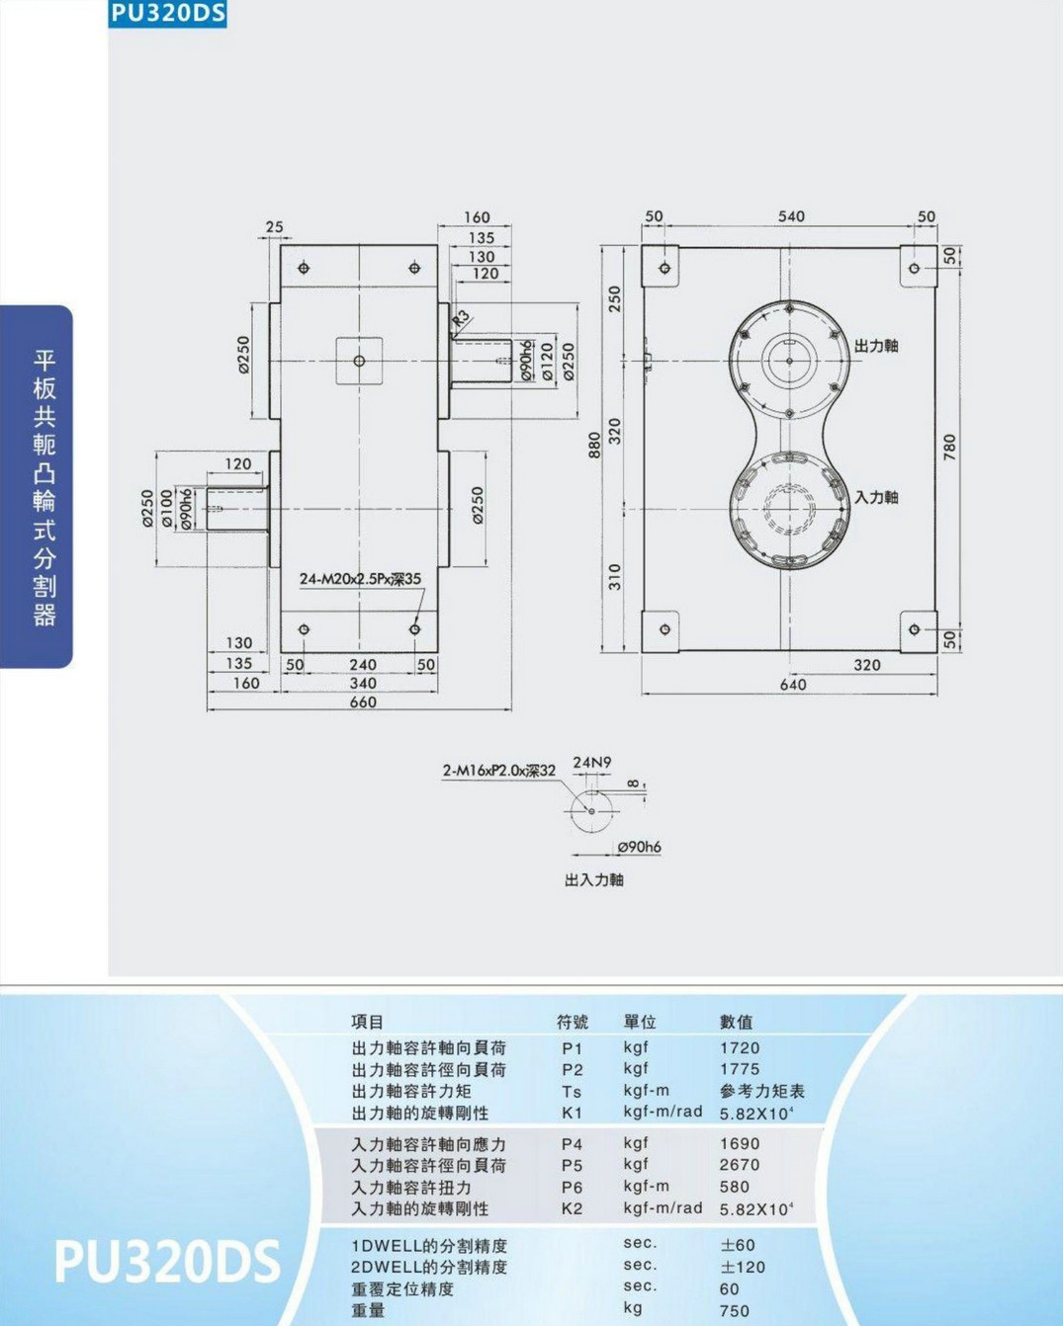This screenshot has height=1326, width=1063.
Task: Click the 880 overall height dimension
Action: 593,446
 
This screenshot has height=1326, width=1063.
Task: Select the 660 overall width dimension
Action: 363,702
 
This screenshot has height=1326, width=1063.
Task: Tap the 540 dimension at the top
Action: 791,216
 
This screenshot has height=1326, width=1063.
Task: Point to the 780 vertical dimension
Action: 949,447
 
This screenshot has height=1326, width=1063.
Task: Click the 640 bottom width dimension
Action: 793,685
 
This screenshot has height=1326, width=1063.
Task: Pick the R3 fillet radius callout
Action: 461,318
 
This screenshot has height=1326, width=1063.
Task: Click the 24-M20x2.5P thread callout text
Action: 360,579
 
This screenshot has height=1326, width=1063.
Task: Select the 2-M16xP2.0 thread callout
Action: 499,771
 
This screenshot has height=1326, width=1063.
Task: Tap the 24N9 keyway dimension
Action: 592,762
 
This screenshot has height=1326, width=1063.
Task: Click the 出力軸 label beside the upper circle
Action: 876,346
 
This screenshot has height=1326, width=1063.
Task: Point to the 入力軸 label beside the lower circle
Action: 876,497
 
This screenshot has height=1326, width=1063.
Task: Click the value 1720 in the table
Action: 740,1048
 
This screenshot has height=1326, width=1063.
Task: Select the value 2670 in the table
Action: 740,1165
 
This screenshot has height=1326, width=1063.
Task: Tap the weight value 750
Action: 735,1310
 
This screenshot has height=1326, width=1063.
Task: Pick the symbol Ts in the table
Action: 572,1092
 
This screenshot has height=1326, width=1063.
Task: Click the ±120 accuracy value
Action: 743,1267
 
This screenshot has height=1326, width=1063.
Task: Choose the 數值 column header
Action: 737,1023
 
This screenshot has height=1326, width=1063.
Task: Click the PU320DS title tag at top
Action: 168,14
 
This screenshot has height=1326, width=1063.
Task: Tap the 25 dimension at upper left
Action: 274,226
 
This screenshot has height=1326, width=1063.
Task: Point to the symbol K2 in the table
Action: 573,1209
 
